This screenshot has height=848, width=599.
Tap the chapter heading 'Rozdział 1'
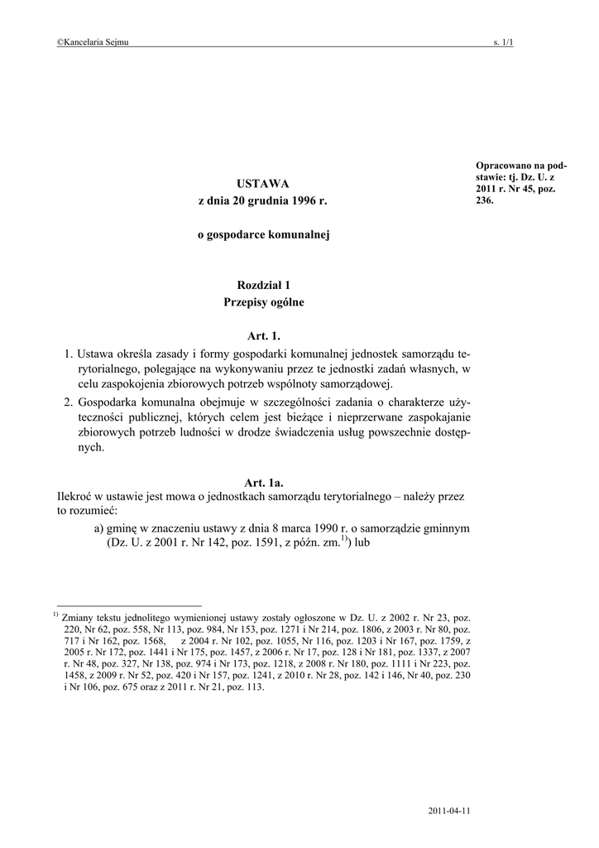[x=263, y=285]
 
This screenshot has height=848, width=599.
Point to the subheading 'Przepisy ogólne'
[x=263, y=303]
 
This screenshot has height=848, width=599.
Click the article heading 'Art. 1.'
[x=264, y=336]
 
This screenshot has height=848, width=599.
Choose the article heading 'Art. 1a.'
[x=264, y=482]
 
